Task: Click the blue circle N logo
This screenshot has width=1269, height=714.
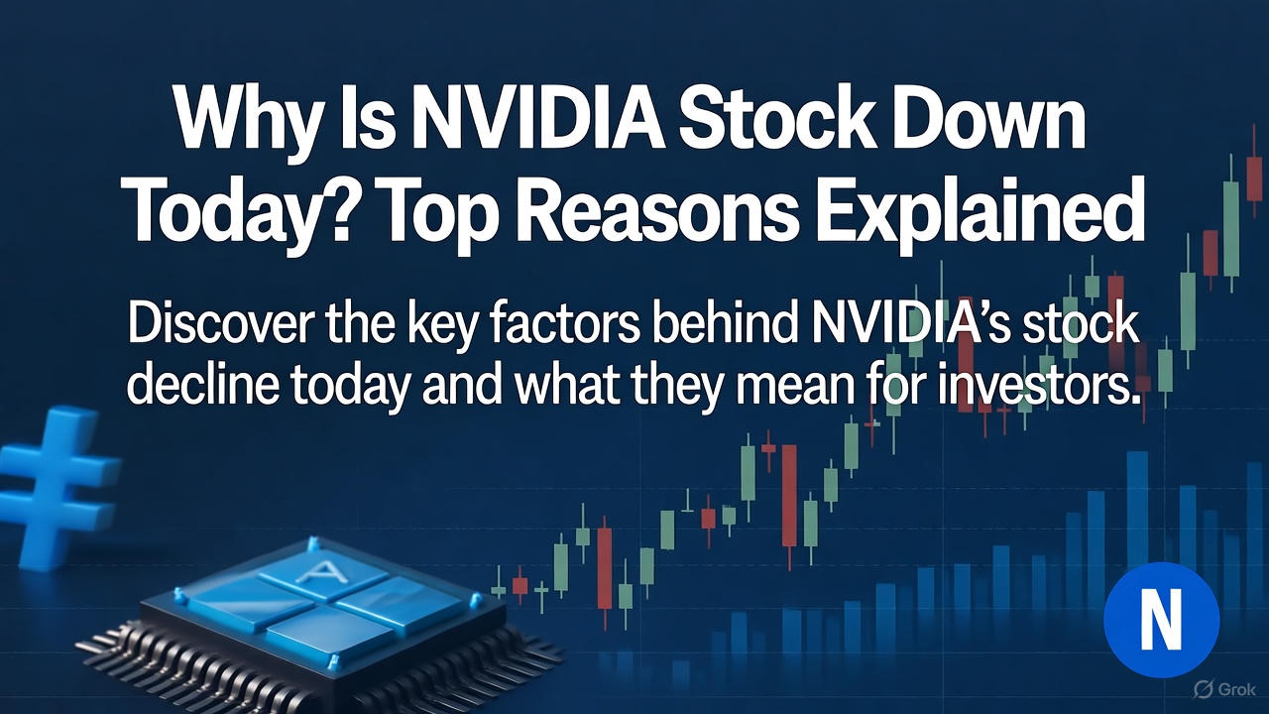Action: tap(1161, 619)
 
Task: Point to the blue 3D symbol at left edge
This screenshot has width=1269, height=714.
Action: tap(55, 485)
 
